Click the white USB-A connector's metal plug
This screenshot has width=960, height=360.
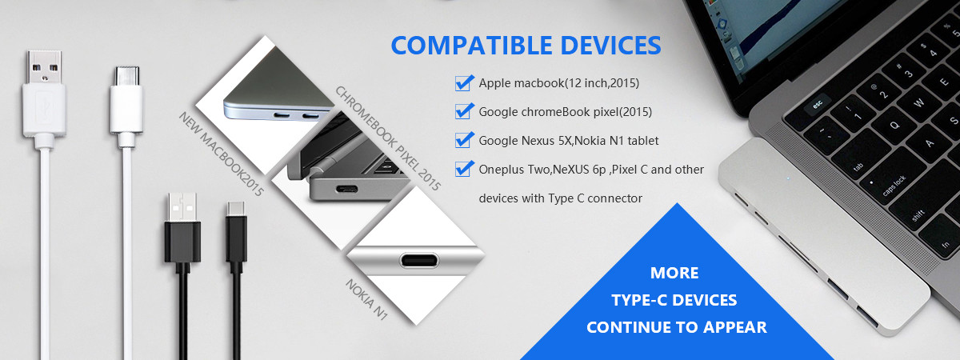click(x=44, y=67)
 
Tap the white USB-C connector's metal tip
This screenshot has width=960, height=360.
click(x=127, y=76)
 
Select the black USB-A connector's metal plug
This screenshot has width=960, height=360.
click(x=182, y=207)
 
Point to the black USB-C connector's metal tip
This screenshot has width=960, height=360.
click(x=236, y=209)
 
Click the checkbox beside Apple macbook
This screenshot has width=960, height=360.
click(x=464, y=83)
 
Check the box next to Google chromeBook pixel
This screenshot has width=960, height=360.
click(x=464, y=111)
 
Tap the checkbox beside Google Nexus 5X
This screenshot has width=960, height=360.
click(x=464, y=140)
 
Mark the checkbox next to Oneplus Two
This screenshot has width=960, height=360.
click(x=464, y=169)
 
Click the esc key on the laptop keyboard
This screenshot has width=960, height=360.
click(x=817, y=104)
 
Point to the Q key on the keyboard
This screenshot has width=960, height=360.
click(x=894, y=125)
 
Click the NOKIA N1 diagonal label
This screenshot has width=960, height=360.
click(x=367, y=299)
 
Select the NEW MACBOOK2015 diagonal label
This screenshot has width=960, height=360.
click(x=221, y=154)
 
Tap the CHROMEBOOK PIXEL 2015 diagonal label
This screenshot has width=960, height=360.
click(x=388, y=138)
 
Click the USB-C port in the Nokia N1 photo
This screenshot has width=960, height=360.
click(x=419, y=260)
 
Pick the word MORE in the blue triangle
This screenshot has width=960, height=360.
click(x=674, y=273)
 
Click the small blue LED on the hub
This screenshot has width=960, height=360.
click(x=788, y=178)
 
